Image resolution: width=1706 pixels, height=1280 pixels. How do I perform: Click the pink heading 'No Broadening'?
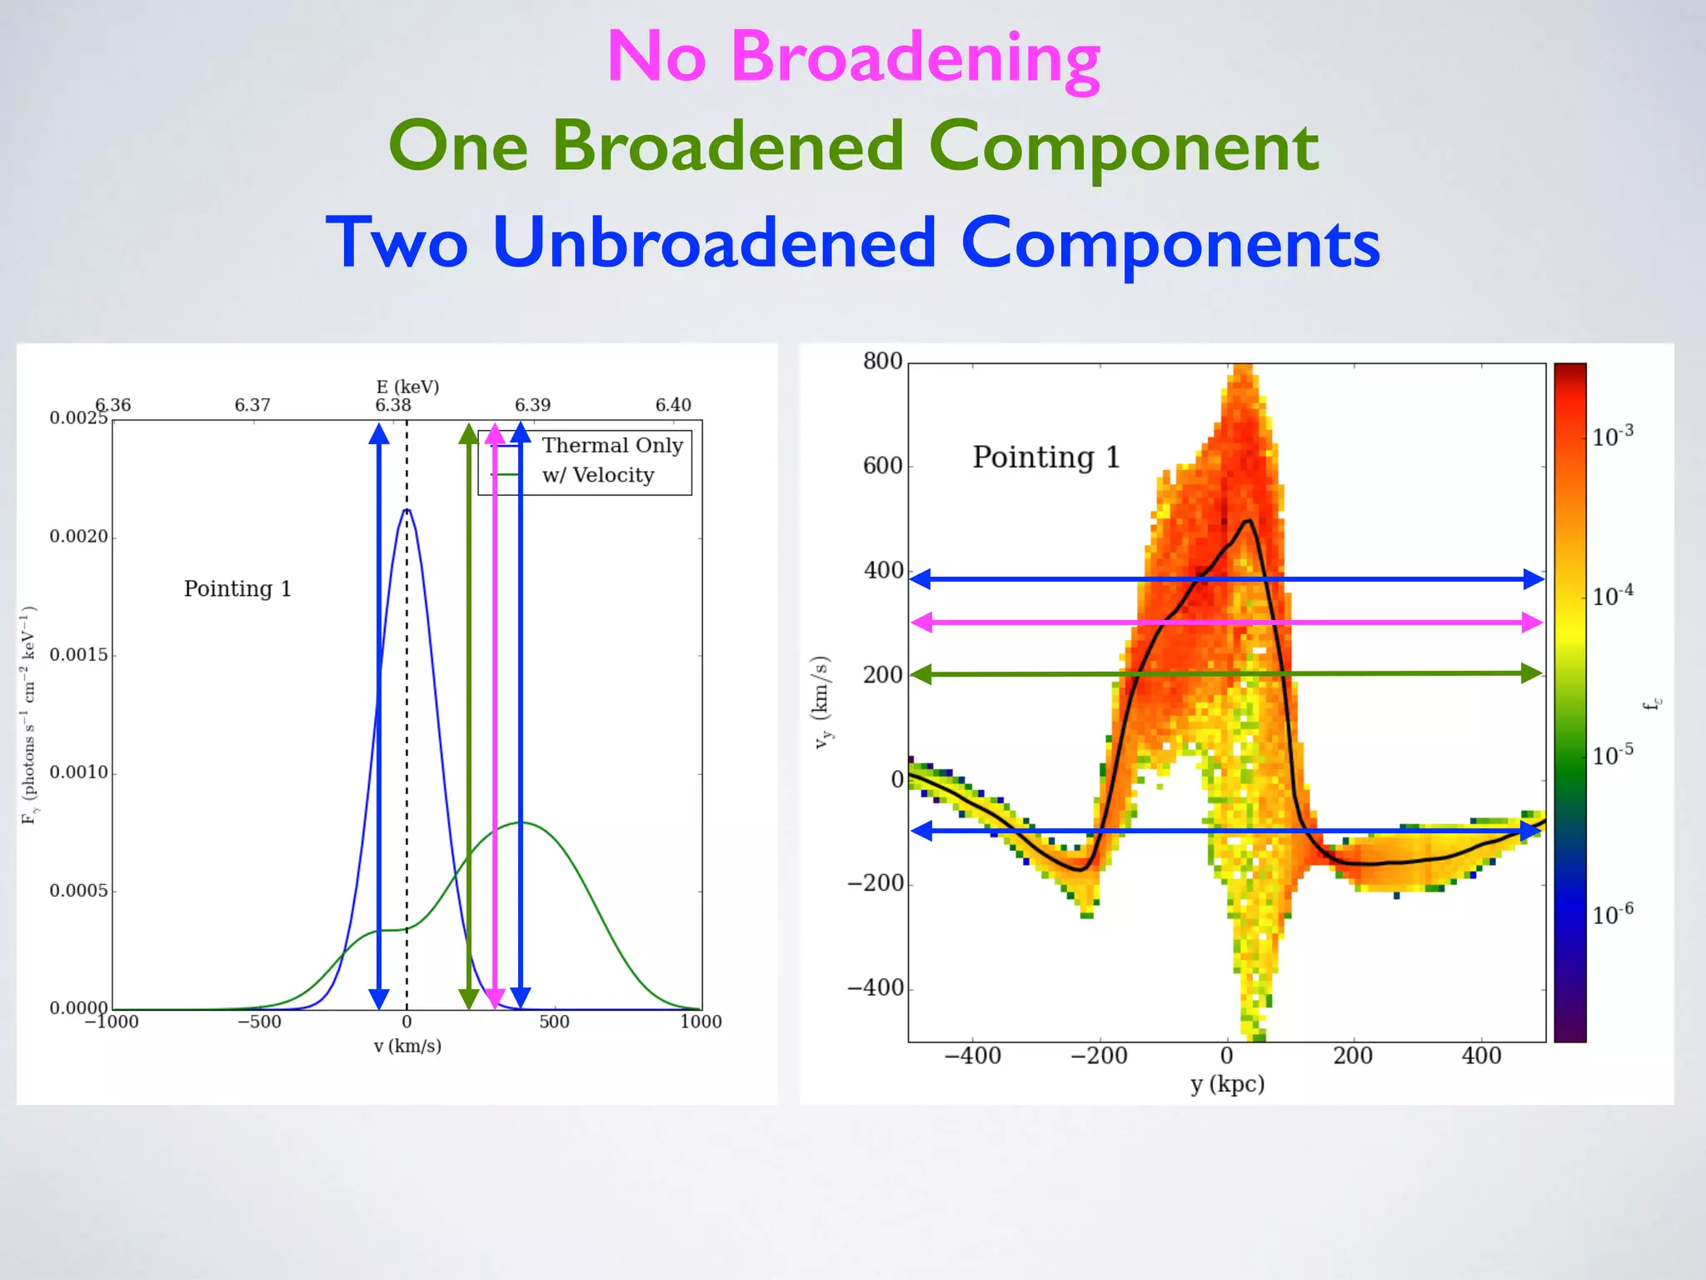coord(853,57)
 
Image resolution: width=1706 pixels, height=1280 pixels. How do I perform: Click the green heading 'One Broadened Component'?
coord(853,147)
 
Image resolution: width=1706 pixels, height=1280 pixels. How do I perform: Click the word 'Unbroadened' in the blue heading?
coord(714,242)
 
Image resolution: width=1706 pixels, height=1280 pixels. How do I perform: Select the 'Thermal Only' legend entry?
coord(612,445)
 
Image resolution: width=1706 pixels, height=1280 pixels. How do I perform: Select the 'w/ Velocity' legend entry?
coord(597,475)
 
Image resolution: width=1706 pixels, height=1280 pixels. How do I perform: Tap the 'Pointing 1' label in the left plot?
coord(237,588)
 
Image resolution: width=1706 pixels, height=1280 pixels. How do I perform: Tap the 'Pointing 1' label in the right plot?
coord(1046,457)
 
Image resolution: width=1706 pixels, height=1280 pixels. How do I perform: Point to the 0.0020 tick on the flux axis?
coord(79,536)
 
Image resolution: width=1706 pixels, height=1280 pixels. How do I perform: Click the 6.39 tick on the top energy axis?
coord(532,405)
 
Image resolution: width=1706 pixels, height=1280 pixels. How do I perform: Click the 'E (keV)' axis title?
coord(407,387)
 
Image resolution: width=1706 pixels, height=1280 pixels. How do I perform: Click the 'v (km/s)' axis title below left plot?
coord(407,1046)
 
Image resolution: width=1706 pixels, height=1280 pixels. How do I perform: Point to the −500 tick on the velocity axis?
coord(259,1022)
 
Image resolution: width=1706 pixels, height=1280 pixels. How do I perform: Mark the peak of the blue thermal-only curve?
coord(407,509)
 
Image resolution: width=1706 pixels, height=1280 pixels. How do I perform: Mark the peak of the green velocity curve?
coord(521,822)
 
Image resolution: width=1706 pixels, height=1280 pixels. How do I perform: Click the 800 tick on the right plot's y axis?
coord(882,361)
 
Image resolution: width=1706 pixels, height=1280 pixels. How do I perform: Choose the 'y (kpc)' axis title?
coord(1227,1083)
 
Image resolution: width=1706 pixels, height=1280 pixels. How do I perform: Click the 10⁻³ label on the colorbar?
coord(1612,436)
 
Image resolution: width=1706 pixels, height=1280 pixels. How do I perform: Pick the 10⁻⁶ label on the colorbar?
coord(1612,914)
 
